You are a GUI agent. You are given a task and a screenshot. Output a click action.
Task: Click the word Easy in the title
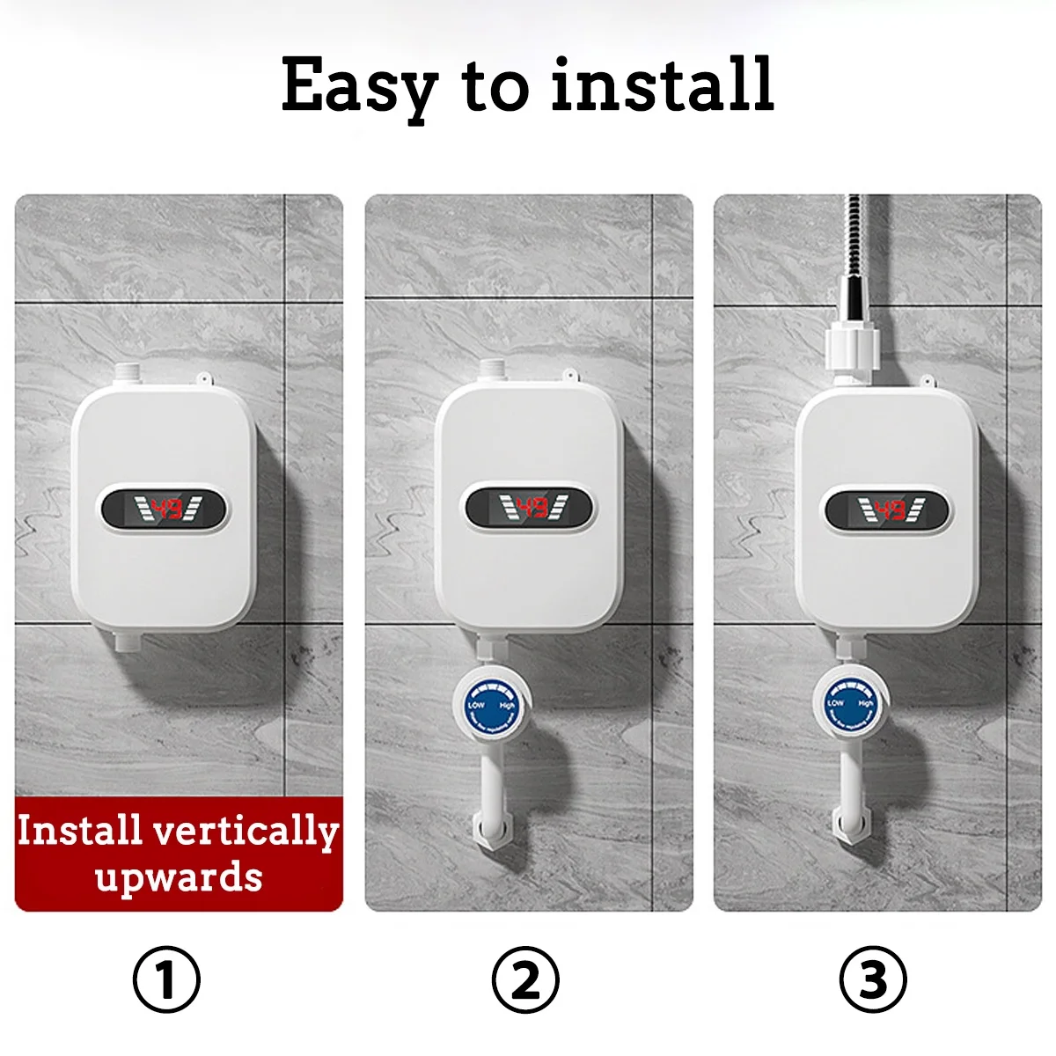click(x=359, y=85)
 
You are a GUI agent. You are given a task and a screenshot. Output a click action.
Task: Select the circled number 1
click(x=166, y=979)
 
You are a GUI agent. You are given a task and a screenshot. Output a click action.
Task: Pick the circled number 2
click(x=525, y=979)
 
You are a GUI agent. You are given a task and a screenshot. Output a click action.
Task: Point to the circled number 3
click(x=873, y=979)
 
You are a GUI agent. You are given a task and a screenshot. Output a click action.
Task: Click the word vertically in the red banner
click(x=246, y=832)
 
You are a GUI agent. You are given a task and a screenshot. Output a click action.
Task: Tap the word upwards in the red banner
click(x=179, y=877)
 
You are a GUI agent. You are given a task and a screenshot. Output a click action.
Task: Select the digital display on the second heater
click(x=529, y=508)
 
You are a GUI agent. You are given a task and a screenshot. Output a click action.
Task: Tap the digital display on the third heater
click(x=888, y=510)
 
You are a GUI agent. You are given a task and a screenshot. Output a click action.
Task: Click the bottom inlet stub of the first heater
click(x=125, y=640)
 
